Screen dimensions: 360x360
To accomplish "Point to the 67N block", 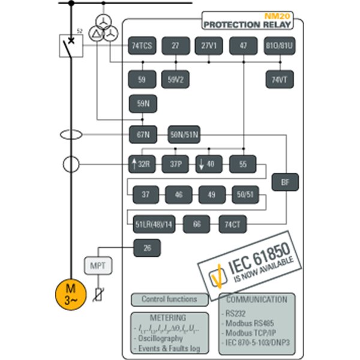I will pos(142,133).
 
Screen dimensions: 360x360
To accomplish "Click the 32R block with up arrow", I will pos(142,163).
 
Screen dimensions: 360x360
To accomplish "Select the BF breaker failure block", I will pos(285,182).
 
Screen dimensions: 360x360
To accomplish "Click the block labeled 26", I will pos(146,247).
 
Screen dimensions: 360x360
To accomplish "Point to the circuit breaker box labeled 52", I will pos(71,46).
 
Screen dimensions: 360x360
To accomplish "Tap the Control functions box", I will pos(169,299).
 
